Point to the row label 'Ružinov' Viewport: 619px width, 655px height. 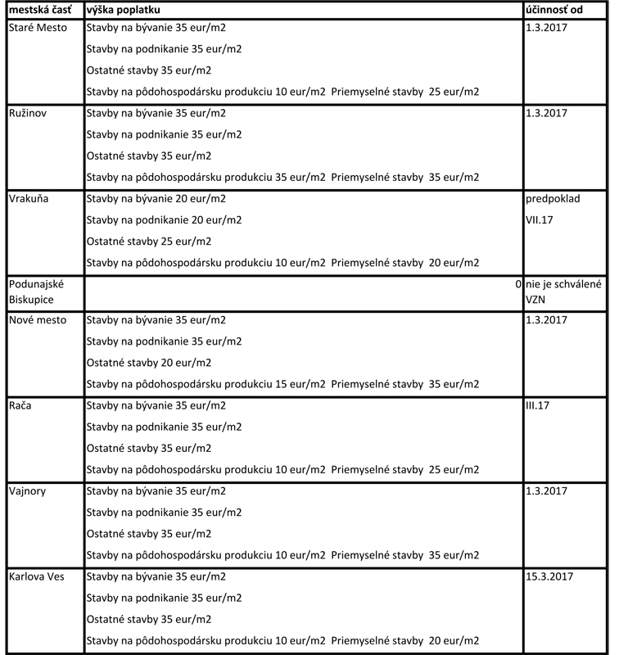tap(28, 113)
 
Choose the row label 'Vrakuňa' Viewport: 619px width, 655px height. tap(27, 199)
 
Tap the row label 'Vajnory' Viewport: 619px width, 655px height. tap(28, 490)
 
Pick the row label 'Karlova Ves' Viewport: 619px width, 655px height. tap(36, 576)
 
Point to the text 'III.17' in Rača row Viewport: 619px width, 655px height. tap(540, 405)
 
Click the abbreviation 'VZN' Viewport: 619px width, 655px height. tap(536, 300)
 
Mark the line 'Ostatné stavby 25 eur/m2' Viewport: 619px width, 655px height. tap(149, 242)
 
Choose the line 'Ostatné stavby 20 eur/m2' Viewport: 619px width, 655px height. tap(149, 362)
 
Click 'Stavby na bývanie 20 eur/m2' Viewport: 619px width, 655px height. tap(156, 199)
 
